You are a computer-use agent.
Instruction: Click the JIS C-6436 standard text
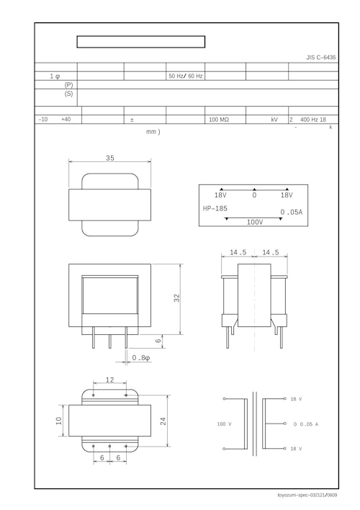(x=320, y=57)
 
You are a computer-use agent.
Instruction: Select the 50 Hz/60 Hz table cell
(x=185, y=76)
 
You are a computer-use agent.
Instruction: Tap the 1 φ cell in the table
(x=55, y=76)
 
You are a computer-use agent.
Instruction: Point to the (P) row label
(x=68, y=84)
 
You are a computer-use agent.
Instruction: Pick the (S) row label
(x=68, y=94)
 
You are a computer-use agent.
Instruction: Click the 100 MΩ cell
(x=219, y=120)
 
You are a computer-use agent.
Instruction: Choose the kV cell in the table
(x=274, y=120)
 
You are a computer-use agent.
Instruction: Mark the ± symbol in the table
(x=132, y=120)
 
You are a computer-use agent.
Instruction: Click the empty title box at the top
(x=141, y=42)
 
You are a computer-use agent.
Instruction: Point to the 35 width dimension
(x=110, y=158)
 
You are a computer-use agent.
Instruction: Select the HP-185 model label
(x=215, y=208)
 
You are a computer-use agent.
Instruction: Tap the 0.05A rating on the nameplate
(x=292, y=212)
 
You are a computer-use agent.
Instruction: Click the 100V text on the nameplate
(x=255, y=223)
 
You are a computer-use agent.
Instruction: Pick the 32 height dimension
(x=177, y=298)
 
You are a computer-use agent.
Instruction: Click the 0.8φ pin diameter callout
(x=141, y=358)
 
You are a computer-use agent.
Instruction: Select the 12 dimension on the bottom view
(x=109, y=380)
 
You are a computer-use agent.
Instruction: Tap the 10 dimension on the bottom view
(x=58, y=421)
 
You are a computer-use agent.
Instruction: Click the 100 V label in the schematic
(x=224, y=424)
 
